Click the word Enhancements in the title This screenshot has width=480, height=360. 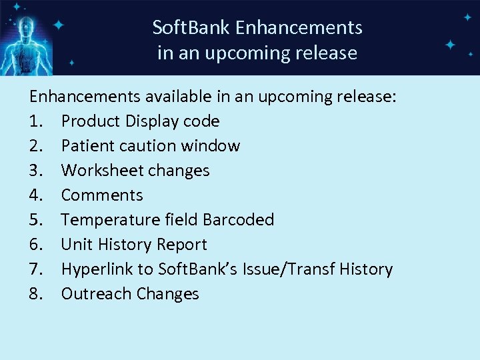299,28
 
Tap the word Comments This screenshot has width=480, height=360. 102,195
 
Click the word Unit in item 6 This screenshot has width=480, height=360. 75,245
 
